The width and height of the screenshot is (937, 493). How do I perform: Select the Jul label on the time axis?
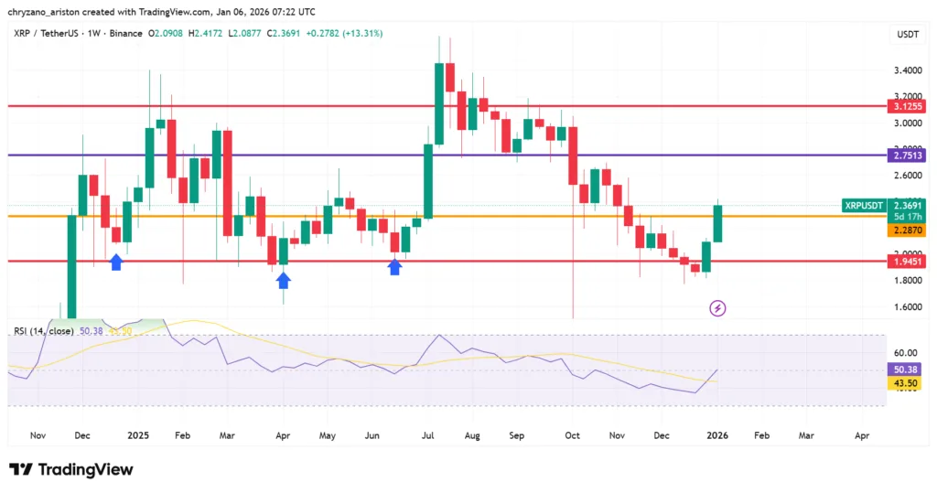coord(427,436)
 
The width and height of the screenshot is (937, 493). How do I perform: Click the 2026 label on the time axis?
coord(717,436)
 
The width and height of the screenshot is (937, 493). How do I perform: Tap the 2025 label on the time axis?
coord(138,436)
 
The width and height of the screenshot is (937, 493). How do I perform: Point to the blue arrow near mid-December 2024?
coord(116,263)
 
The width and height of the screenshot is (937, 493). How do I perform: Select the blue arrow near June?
coord(395,266)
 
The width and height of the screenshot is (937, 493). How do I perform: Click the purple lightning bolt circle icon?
coord(717,308)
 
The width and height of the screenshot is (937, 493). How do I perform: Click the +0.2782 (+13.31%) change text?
coord(344,34)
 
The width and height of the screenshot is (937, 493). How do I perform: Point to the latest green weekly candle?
coord(718,223)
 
